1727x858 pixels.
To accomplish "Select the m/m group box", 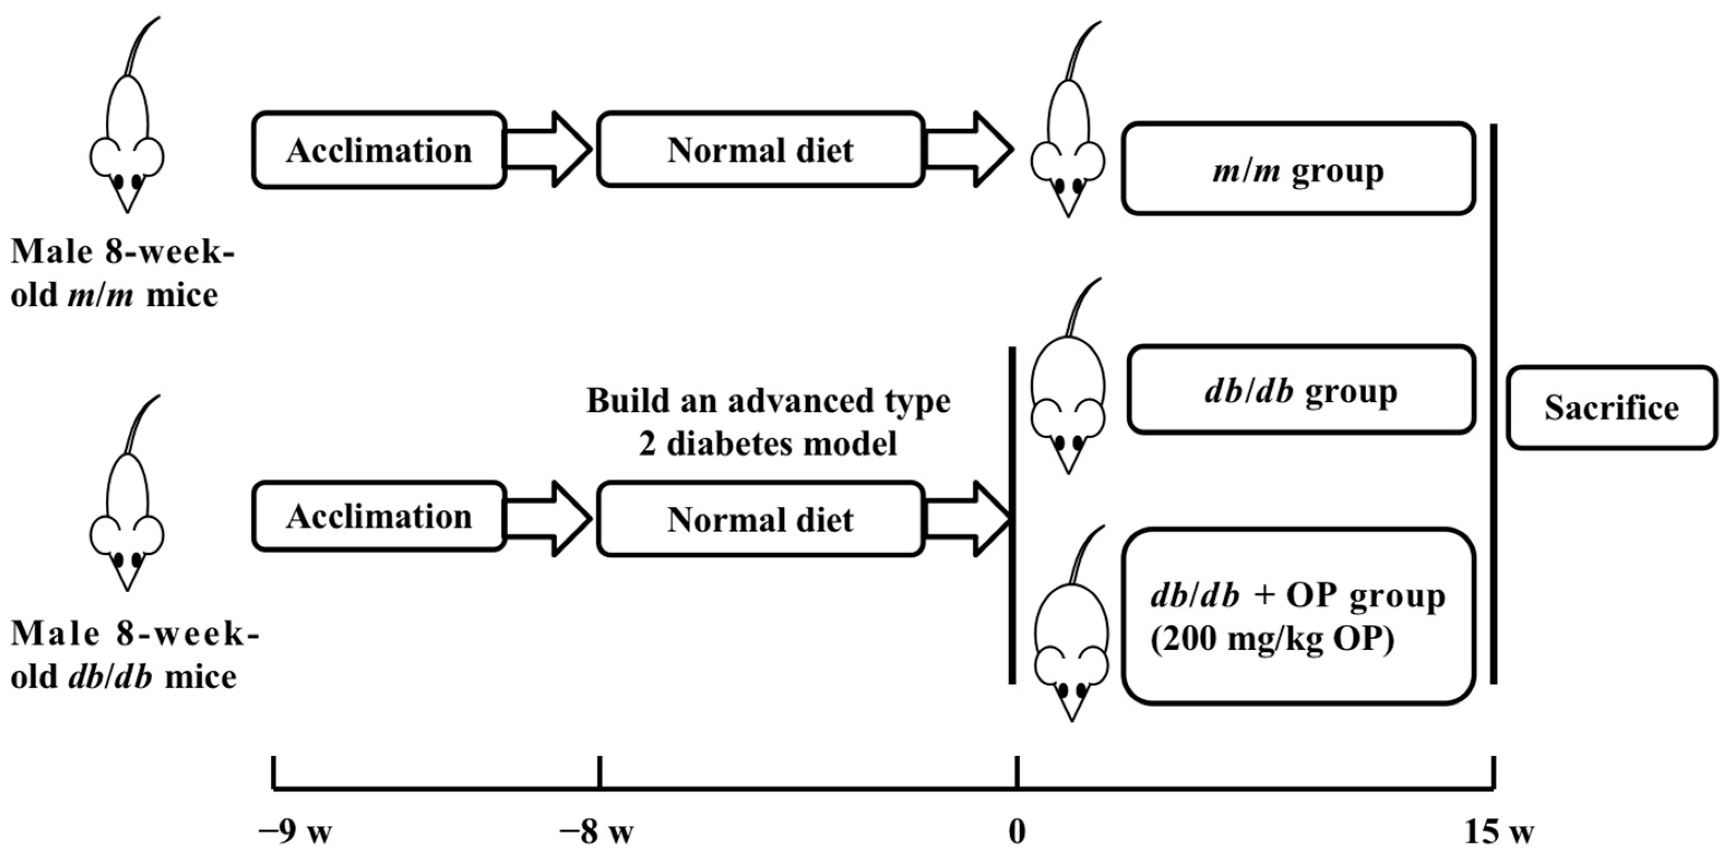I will click(x=1298, y=169).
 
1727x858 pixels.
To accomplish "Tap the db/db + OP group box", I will click(x=1298, y=616).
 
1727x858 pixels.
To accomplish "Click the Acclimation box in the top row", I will click(x=379, y=150).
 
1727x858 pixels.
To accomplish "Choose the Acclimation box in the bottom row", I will click(x=379, y=517).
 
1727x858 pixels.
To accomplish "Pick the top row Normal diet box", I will click(x=760, y=150).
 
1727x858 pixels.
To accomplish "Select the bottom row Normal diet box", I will click(x=760, y=519).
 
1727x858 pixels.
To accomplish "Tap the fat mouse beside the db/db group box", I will click(x=1067, y=389).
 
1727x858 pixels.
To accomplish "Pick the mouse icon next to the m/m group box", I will click(x=1067, y=134).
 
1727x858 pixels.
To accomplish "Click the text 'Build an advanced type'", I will click(x=769, y=401).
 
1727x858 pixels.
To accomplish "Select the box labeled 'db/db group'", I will click(x=1301, y=390).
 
